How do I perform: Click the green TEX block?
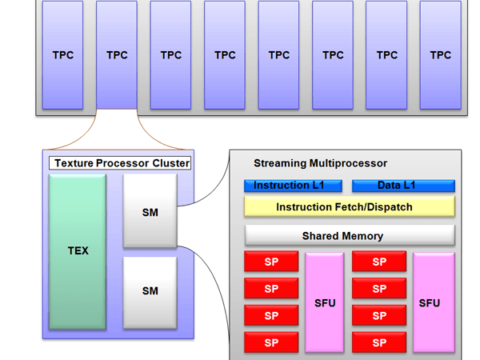[77, 251]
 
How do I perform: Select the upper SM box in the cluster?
[150, 212]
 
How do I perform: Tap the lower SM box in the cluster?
[150, 290]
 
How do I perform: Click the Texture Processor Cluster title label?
[121, 163]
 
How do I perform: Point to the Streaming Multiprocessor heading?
[320, 163]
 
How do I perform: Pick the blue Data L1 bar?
[403, 186]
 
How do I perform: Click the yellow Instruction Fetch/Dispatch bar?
[349, 207]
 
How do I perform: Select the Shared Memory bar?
[349, 236]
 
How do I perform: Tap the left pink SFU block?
[325, 303]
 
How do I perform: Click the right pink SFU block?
[434, 303]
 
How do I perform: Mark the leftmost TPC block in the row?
[62, 55]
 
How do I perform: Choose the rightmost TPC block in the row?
[440, 55]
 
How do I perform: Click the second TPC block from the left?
[117, 55]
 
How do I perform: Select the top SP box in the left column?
[271, 262]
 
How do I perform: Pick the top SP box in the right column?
[379, 262]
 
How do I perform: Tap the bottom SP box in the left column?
[271, 343]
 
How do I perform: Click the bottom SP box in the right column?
[379, 343]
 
